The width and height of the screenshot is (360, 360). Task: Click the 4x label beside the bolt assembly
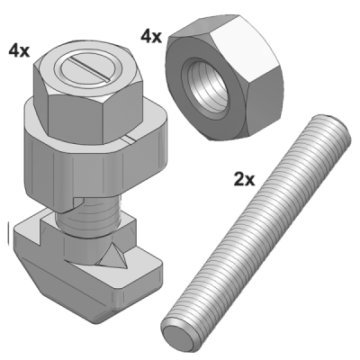pyautogui.click(x=19, y=50)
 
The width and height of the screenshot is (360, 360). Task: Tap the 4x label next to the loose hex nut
pyautogui.click(x=151, y=37)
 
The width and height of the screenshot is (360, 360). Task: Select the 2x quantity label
pyautogui.click(x=244, y=179)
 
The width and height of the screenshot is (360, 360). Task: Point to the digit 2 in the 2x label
pyautogui.click(x=239, y=179)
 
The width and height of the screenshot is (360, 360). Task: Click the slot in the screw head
pyautogui.click(x=88, y=69)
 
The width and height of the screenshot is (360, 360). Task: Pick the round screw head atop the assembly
pyautogui.click(x=88, y=69)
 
